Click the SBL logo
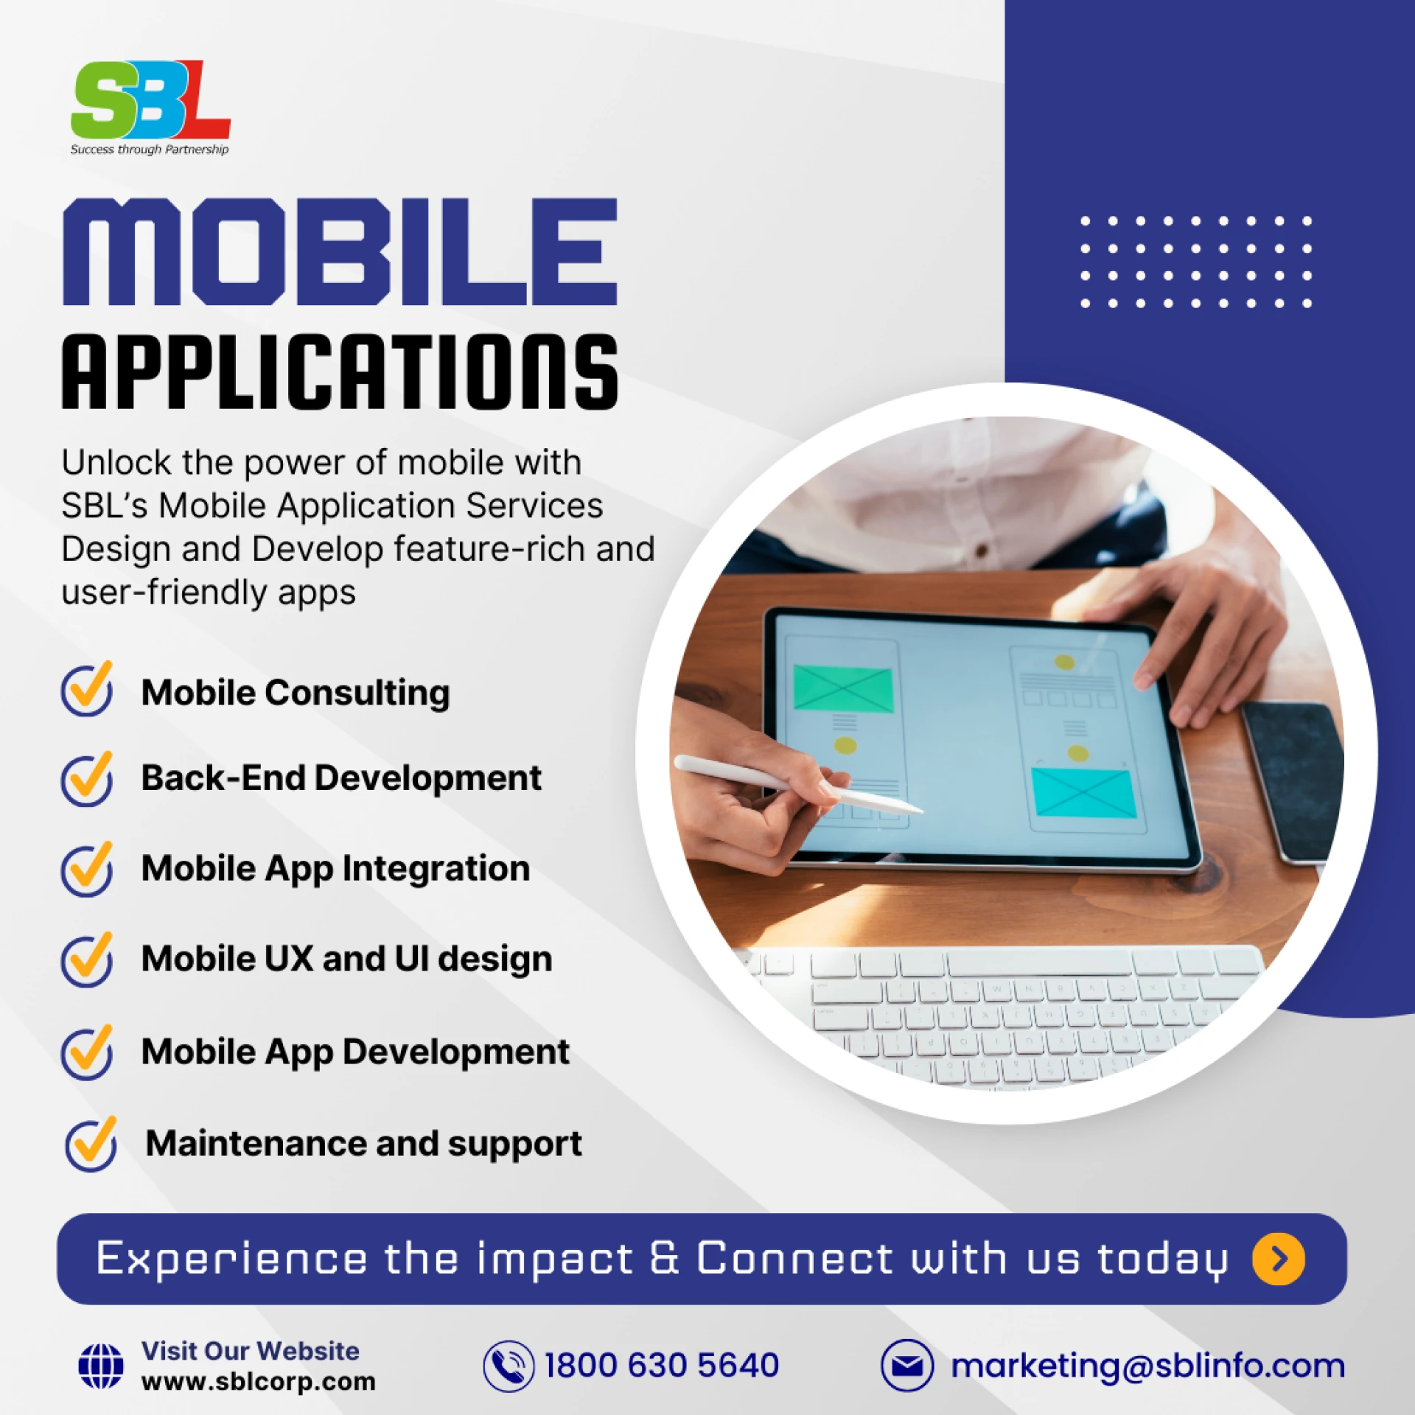coord(150,108)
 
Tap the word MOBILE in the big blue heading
coord(340,251)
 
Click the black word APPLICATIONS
coord(340,371)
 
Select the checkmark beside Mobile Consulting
coord(87,689)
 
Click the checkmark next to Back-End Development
coord(87,779)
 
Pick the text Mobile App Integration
coord(335,869)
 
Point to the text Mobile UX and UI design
coord(346,959)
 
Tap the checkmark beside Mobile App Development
coord(87,1052)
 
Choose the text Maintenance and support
coord(363,1145)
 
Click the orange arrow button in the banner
coord(1279,1259)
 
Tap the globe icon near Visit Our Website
coord(101,1366)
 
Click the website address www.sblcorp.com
coord(259,1382)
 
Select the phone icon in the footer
coord(509,1366)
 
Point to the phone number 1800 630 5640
coord(661,1366)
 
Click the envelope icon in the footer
coord(907,1366)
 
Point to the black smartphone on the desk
coord(1293,781)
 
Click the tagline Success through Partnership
coord(150,150)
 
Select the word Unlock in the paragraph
coord(116,463)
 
